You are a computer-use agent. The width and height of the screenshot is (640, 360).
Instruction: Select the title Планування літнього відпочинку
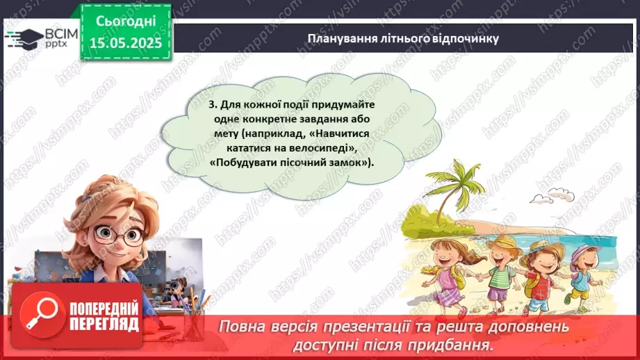point(403,38)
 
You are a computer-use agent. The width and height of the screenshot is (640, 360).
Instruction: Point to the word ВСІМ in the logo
point(58,32)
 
